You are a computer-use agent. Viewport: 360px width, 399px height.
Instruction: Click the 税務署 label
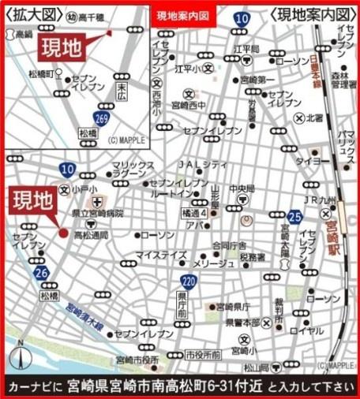253,256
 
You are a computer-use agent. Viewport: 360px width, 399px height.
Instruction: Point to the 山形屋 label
215,195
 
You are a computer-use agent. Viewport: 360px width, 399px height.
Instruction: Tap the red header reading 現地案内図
184,15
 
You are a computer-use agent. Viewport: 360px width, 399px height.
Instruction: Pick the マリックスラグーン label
128,170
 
